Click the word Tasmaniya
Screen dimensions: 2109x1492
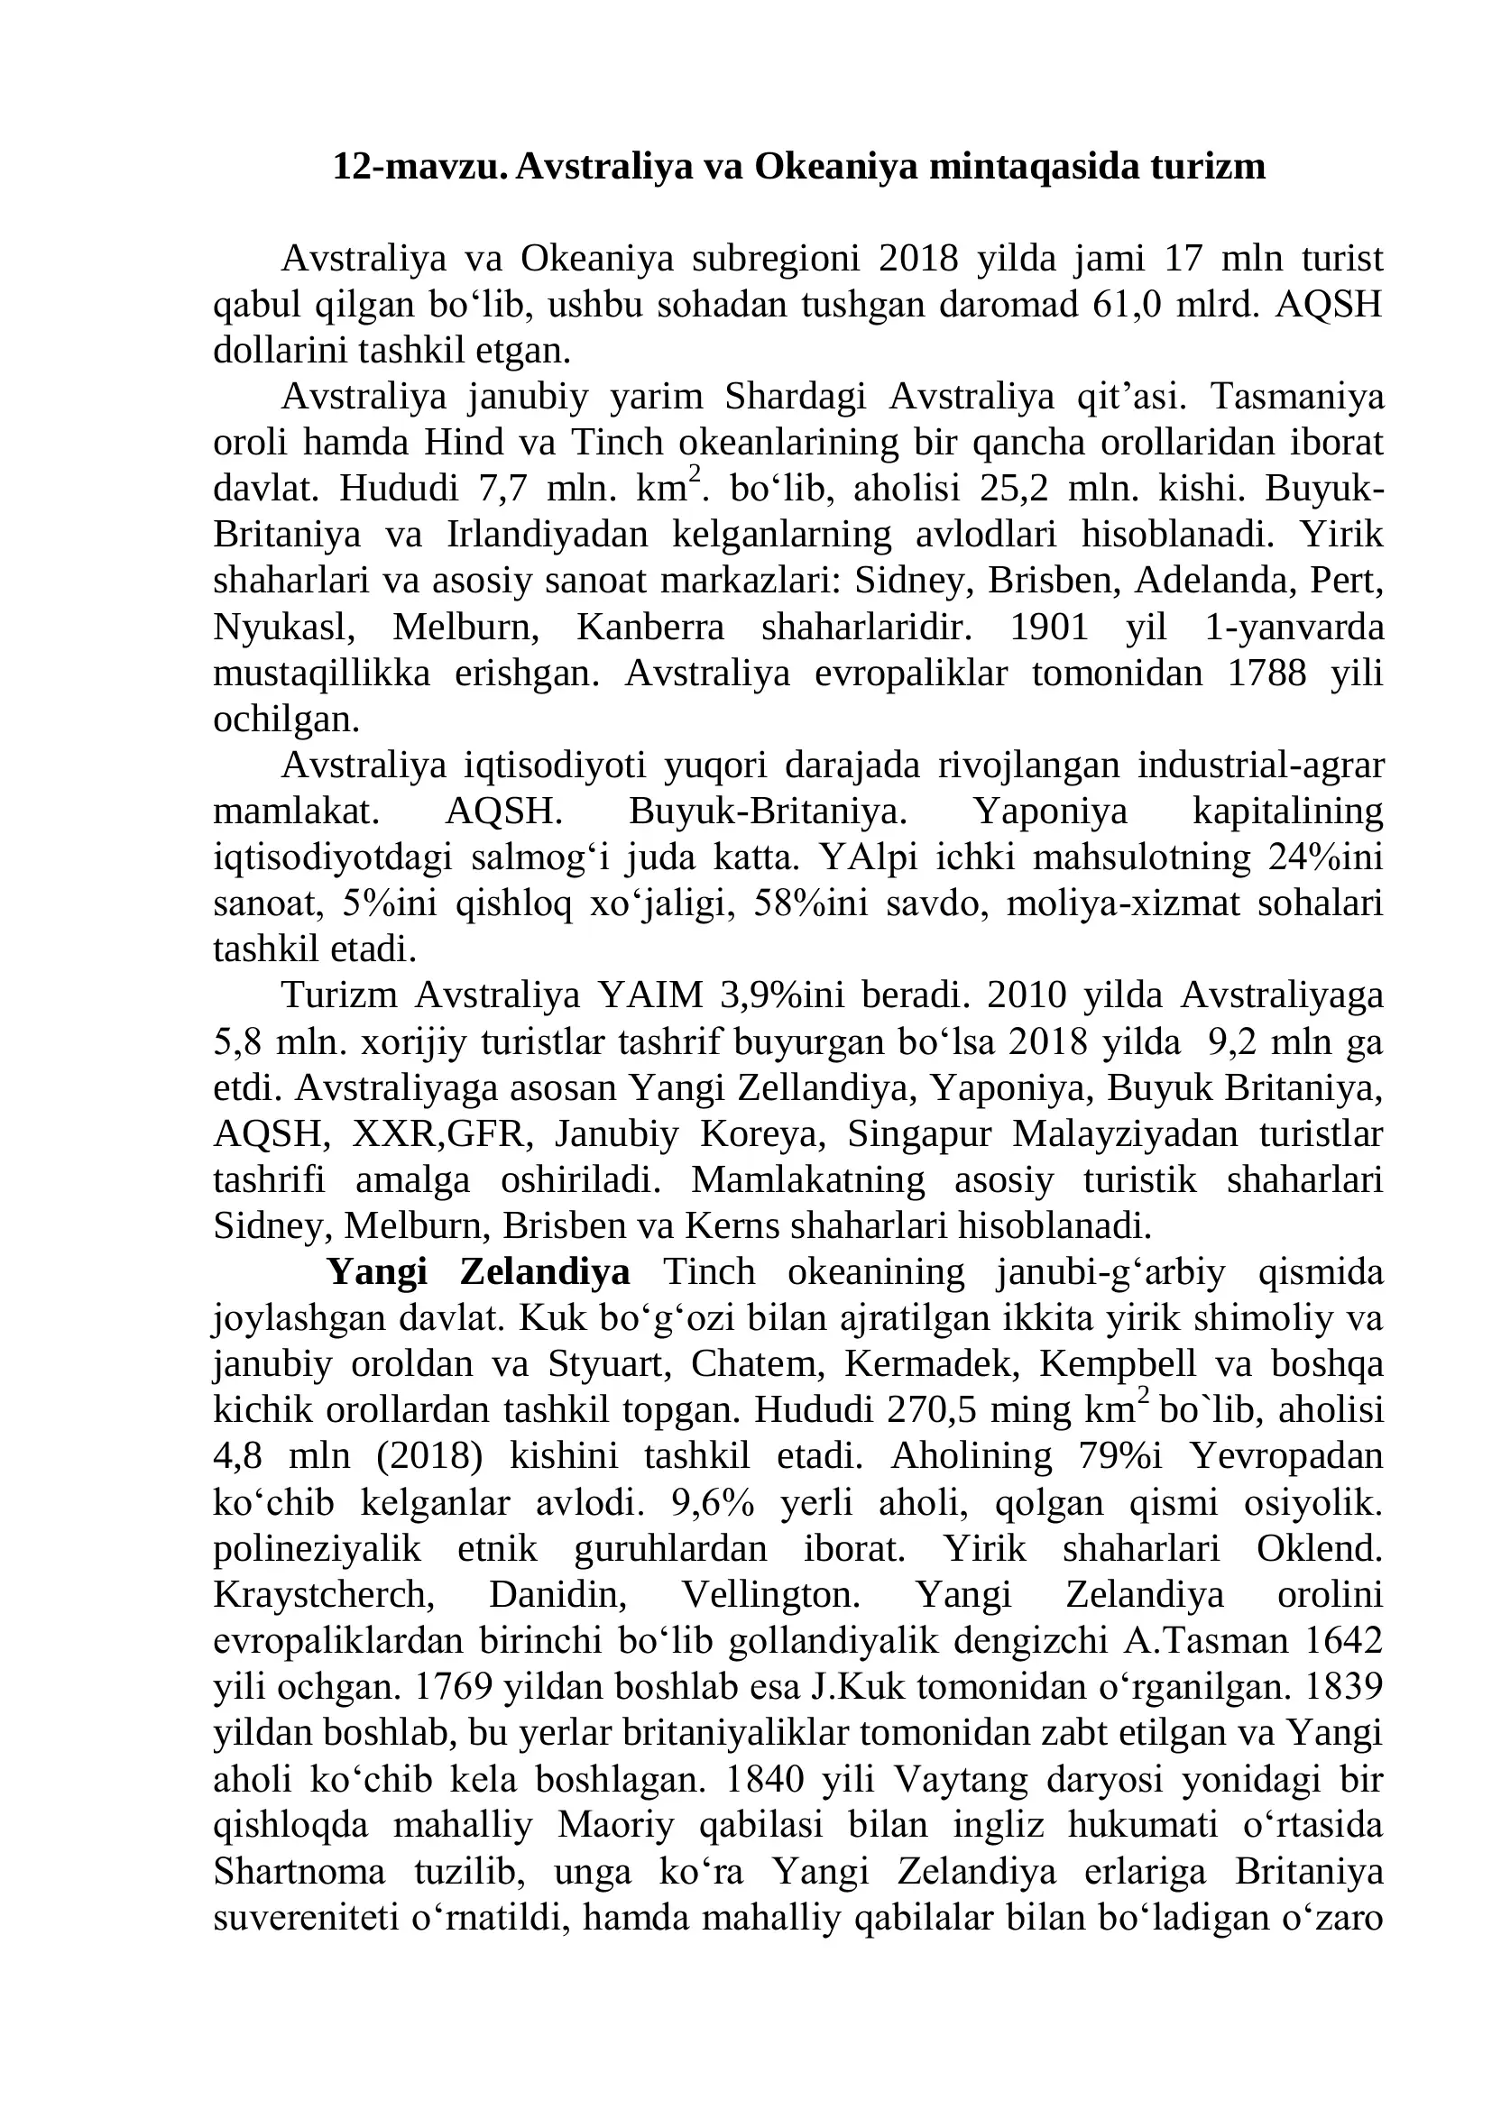[x=1296, y=397]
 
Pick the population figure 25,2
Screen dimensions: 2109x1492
[x=1014, y=489]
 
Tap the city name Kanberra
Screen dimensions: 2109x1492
[x=650, y=628]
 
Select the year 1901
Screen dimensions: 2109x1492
[x=1049, y=628]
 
